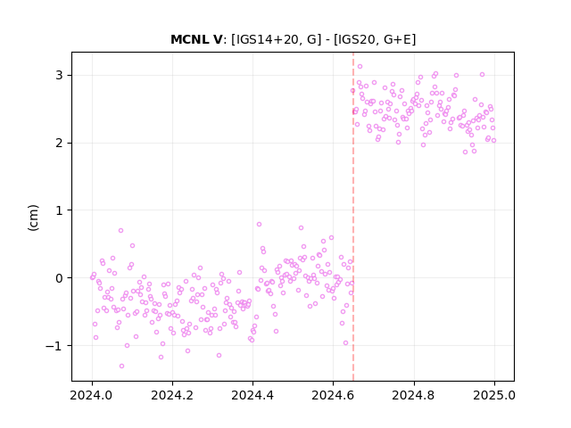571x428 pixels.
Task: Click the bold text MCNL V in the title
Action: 196,39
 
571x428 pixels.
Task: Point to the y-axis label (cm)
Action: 33,218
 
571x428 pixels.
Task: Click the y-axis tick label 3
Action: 59,75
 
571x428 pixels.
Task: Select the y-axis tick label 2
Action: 59,143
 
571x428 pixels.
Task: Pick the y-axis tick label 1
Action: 59,210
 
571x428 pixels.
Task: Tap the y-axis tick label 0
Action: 59,278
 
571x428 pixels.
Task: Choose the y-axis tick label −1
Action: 54,346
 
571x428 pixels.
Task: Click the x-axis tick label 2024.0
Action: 92,395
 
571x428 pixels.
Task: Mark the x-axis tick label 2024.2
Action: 172,395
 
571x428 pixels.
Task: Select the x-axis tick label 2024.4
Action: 252,395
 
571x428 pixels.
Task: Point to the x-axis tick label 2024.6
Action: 333,395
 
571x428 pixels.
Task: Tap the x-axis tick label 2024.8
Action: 414,395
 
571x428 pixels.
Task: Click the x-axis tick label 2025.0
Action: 494,395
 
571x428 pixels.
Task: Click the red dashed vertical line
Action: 353,217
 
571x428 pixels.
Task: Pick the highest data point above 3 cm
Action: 360,66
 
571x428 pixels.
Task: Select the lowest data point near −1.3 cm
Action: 121,366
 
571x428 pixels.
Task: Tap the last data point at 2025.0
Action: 493,141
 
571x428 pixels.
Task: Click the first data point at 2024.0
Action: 92,277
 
